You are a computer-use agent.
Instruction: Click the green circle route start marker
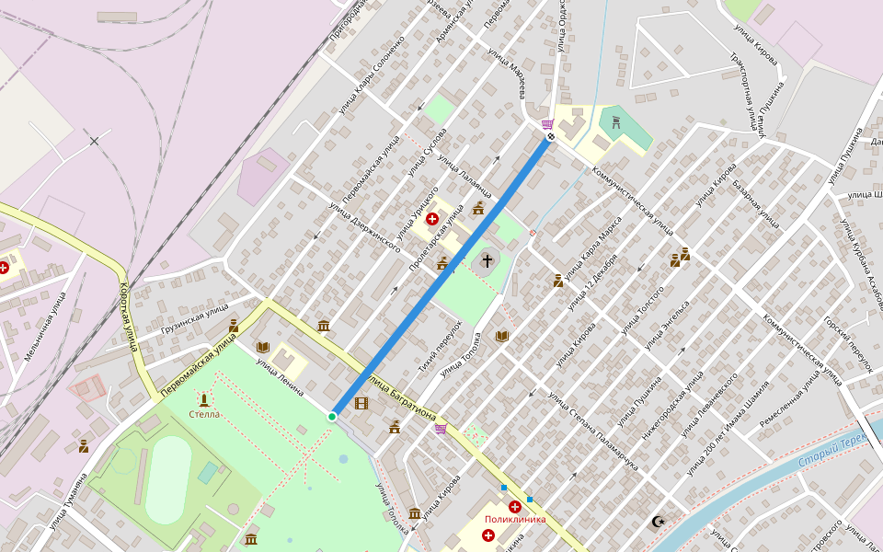tap(332, 417)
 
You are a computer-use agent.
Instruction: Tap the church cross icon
tap(487, 262)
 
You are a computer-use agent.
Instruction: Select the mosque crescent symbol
tap(658, 522)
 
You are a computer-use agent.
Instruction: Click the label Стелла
tap(204, 414)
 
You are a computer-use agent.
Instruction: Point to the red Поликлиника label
tap(515, 519)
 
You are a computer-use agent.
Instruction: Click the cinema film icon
tap(361, 403)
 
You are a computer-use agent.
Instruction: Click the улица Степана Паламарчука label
tap(592, 425)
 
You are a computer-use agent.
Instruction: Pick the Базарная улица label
tap(756, 203)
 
